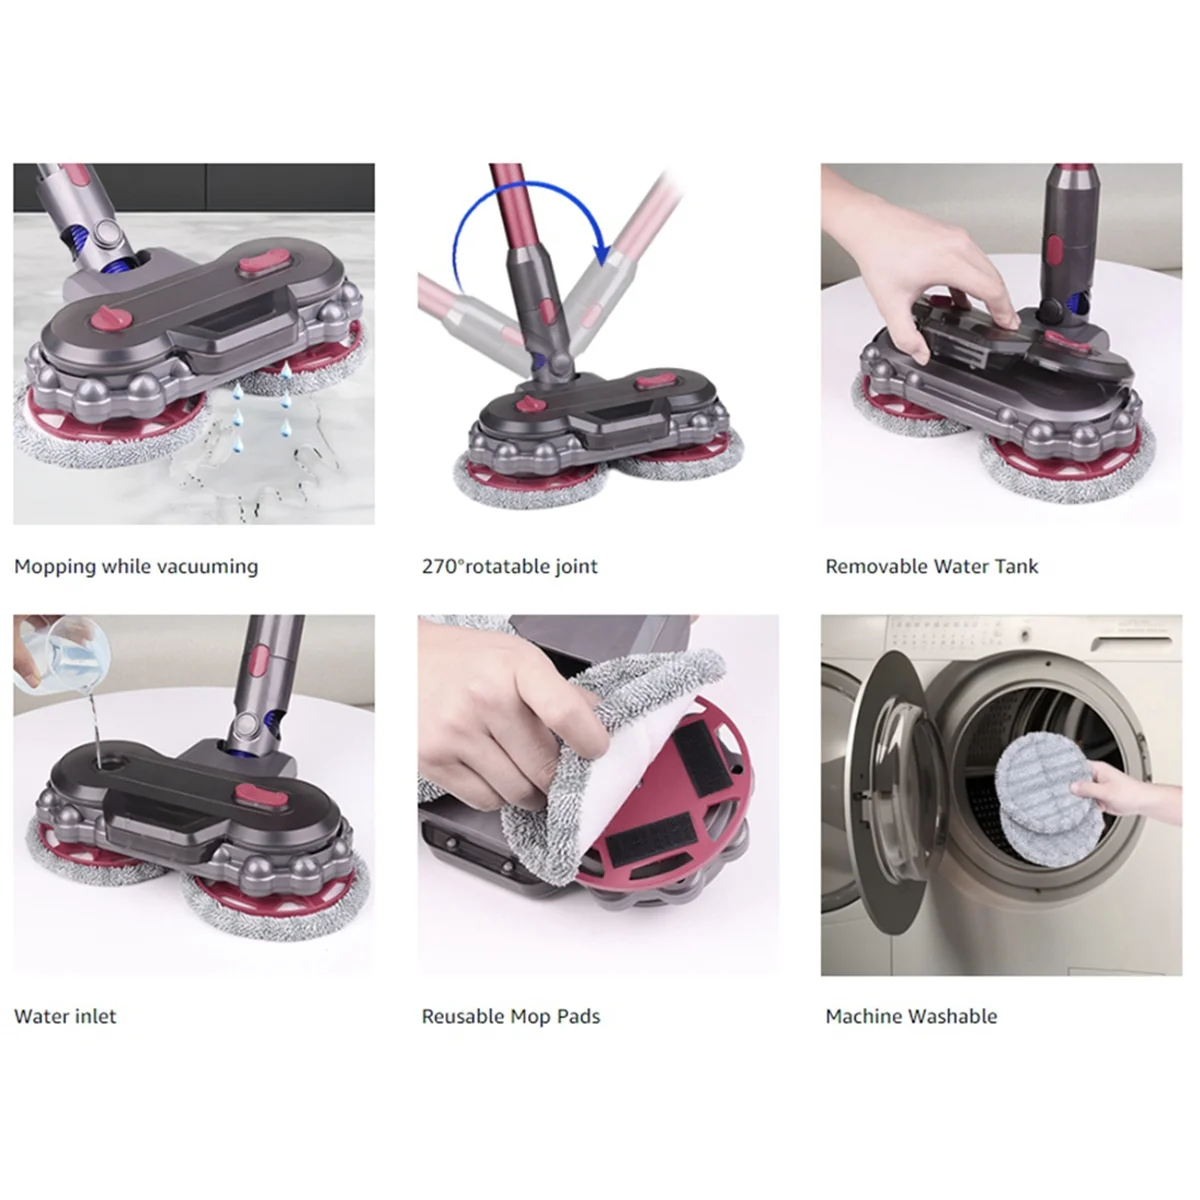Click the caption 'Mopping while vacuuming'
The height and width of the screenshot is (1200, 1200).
(136, 567)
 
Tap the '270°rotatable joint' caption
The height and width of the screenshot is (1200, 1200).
(509, 567)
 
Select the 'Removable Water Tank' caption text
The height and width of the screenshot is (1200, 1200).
(931, 567)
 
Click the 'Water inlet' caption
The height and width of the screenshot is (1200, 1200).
(65, 1017)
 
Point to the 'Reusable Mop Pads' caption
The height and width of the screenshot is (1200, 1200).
(510, 1017)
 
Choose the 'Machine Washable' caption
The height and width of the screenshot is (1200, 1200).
(911, 1017)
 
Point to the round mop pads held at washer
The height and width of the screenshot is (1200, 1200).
(1035, 790)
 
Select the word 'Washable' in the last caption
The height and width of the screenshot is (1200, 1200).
(950, 1017)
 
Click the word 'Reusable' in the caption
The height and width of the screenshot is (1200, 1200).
(463, 1017)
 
